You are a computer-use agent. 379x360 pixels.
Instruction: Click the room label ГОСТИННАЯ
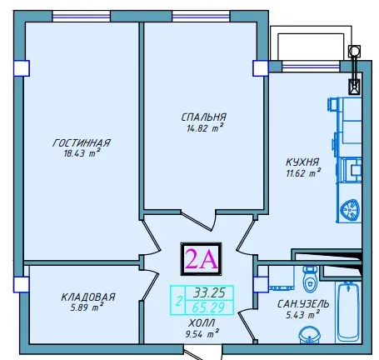[x=82, y=142]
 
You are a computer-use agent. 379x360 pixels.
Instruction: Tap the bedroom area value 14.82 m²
[x=205, y=127]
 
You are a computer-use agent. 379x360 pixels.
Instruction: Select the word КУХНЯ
[x=302, y=162]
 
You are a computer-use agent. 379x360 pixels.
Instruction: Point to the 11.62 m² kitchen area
[x=303, y=172]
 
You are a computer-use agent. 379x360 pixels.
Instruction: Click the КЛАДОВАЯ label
[x=87, y=297]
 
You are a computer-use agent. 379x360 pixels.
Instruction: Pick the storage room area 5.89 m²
[x=87, y=307]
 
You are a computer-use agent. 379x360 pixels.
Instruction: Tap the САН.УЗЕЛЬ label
[x=303, y=304]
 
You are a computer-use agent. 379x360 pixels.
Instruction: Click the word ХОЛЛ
[x=202, y=323]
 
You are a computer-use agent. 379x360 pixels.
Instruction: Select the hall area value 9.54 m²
[x=202, y=333]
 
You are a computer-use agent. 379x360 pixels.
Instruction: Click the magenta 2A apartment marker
[x=201, y=259]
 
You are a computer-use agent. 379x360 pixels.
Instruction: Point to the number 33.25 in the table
[x=209, y=292]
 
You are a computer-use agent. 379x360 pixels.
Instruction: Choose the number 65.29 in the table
[x=208, y=307]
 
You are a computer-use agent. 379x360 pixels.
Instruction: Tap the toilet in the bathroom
[x=310, y=279]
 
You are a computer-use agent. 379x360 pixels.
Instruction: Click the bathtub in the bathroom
[x=349, y=312]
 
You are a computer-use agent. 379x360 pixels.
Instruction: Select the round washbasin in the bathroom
[x=309, y=335]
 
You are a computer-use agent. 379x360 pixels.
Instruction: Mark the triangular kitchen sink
[x=350, y=209]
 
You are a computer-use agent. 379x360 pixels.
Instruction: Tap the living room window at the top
[x=82, y=17]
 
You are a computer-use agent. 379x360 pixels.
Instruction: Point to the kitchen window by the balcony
[x=311, y=67]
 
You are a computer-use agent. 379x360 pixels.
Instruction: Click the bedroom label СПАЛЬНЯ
[x=204, y=117]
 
